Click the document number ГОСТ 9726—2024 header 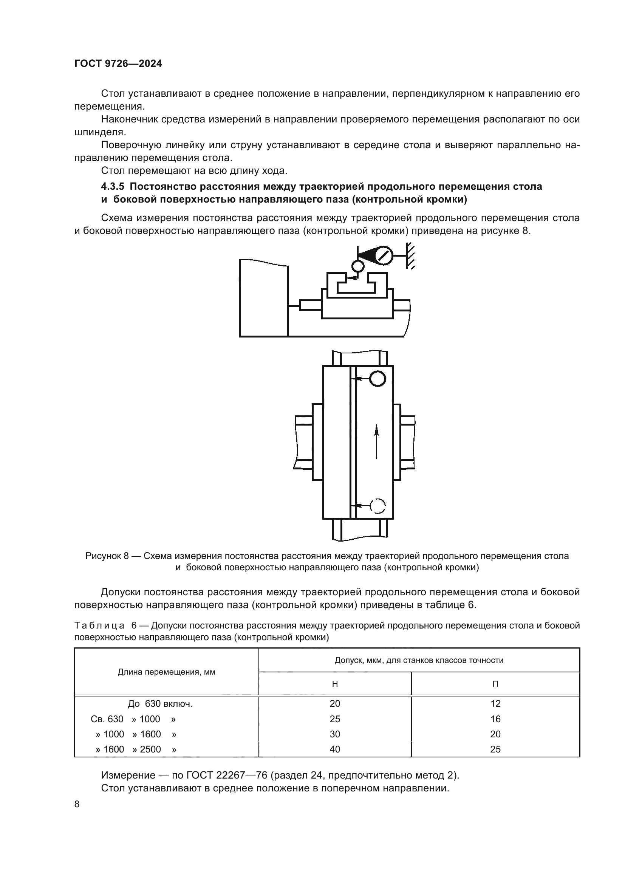pyautogui.click(x=118, y=64)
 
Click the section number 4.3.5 pyautogui.click(x=112, y=187)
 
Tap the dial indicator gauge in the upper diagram pyautogui.click(x=383, y=255)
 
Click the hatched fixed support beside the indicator pyautogui.click(x=410, y=255)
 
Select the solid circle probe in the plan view pyautogui.click(x=377, y=379)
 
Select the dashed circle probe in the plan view pyautogui.click(x=377, y=506)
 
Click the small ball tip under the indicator pyautogui.click(x=357, y=266)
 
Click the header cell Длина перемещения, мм pyautogui.click(x=166, y=672)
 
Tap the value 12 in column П pyautogui.click(x=495, y=704)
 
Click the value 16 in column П pyautogui.click(x=495, y=719)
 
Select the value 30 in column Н pyautogui.click(x=335, y=734)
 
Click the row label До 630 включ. pyautogui.click(x=160, y=704)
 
